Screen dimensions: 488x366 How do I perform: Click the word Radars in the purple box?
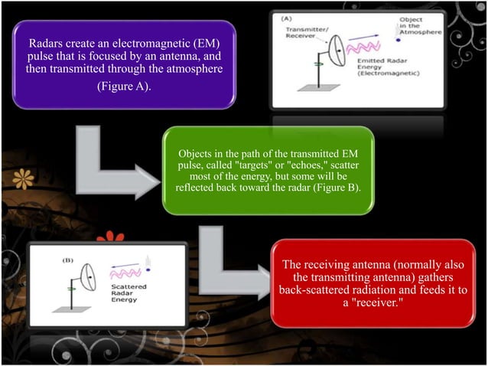tap(45, 44)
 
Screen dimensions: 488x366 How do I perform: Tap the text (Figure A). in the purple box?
tap(124, 87)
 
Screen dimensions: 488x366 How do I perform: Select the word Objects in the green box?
tap(195, 154)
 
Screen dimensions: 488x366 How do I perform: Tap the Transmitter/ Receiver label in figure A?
tap(307, 33)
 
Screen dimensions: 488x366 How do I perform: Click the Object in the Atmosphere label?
tap(421, 26)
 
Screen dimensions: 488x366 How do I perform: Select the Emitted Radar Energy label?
tap(388, 67)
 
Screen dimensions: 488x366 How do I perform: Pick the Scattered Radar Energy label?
tap(129, 293)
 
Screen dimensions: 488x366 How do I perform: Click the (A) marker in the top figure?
tap(286, 19)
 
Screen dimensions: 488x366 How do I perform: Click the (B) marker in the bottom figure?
tap(68, 260)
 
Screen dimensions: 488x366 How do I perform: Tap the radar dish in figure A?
tap(337, 51)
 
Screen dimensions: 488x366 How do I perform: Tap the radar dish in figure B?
tap(89, 277)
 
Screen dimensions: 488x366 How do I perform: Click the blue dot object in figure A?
tap(398, 40)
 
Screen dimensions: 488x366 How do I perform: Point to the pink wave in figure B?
tap(125, 273)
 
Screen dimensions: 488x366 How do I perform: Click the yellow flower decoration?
tap(24, 179)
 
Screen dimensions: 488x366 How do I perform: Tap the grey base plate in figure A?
tap(319, 88)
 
